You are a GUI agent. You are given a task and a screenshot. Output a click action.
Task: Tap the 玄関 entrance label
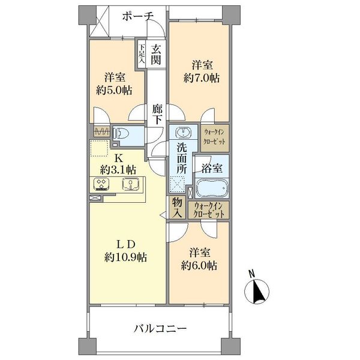tap(155, 55)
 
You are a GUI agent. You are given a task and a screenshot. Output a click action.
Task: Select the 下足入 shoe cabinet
tap(142, 54)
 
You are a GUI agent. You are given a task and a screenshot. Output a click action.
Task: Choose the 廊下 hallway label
tap(157, 113)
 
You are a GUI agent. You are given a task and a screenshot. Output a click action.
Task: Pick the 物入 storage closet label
tap(178, 208)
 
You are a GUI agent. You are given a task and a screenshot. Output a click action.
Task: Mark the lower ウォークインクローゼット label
tap(208, 210)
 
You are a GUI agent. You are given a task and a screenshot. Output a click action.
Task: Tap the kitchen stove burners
tap(101, 184)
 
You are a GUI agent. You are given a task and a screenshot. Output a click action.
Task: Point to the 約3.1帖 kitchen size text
tap(119, 169)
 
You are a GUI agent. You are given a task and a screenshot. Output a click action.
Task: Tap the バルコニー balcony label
tap(160, 329)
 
